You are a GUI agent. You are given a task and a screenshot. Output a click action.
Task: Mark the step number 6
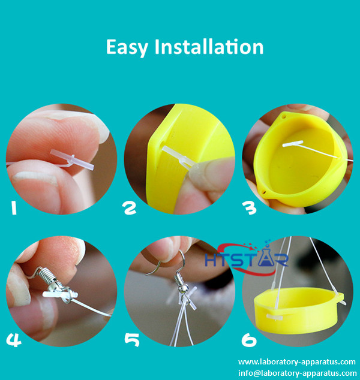248,340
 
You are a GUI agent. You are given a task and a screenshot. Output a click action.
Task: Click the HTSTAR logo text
246,260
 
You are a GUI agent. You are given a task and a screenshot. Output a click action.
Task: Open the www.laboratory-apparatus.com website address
297,362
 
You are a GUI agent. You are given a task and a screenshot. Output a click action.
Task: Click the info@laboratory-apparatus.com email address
297,373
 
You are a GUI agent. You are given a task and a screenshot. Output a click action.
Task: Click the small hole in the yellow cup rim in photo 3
263,192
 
